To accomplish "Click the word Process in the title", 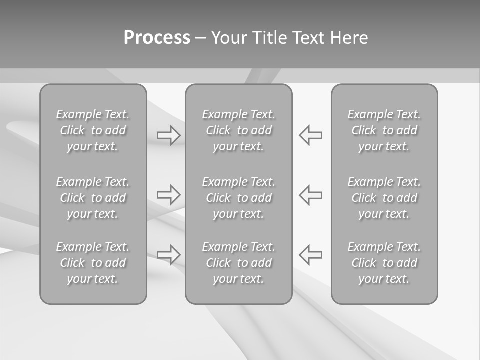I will pyautogui.click(x=157, y=38).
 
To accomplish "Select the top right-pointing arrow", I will pyautogui.click(x=169, y=135).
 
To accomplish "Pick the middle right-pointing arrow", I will pyautogui.click(x=169, y=194).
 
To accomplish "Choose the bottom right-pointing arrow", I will pyautogui.click(x=169, y=254).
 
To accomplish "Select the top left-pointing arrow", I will pyautogui.click(x=310, y=135).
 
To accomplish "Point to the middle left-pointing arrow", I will pyautogui.click(x=310, y=194).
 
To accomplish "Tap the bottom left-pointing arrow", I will pyautogui.click(x=310, y=254).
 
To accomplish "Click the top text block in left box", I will pyautogui.click(x=93, y=130).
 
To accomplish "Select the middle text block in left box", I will pyautogui.click(x=93, y=198).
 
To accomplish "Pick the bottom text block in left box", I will pyautogui.click(x=93, y=263).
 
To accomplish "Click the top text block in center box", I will pyautogui.click(x=238, y=130).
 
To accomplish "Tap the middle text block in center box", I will pyautogui.click(x=238, y=198).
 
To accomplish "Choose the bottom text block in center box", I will pyautogui.click(x=238, y=263).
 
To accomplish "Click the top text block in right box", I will pyautogui.click(x=384, y=130).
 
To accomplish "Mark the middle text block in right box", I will pyautogui.click(x=384, y=198).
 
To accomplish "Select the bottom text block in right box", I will pyautogui.click(x=384, y=263).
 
